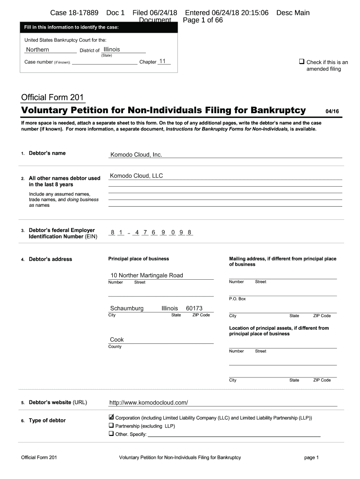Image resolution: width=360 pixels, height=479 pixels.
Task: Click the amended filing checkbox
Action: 302,62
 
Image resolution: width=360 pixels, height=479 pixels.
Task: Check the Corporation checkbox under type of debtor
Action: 111,417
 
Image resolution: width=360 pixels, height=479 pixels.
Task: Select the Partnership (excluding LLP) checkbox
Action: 111,426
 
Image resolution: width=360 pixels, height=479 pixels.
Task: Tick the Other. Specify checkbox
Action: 111,434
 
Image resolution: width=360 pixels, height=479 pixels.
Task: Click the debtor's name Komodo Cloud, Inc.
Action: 136,155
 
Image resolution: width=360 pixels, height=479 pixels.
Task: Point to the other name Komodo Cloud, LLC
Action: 136,176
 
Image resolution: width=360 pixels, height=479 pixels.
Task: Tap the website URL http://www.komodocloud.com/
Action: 148,402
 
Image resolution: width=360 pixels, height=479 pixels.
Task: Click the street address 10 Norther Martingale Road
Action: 146,276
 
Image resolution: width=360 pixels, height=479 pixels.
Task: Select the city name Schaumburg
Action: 127,309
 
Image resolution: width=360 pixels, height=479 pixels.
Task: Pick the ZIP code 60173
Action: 194,309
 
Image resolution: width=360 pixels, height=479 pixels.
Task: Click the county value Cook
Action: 116,340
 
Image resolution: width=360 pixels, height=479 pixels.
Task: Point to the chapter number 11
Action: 163,61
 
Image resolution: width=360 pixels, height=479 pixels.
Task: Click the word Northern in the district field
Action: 37,50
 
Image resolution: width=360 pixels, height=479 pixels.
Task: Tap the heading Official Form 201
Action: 52,98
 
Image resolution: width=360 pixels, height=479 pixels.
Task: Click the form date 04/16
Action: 332,111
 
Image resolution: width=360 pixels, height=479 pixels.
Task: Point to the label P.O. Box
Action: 237,299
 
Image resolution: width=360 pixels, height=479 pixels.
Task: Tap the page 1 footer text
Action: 311,457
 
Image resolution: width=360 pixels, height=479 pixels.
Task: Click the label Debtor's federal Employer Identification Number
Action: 62,233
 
